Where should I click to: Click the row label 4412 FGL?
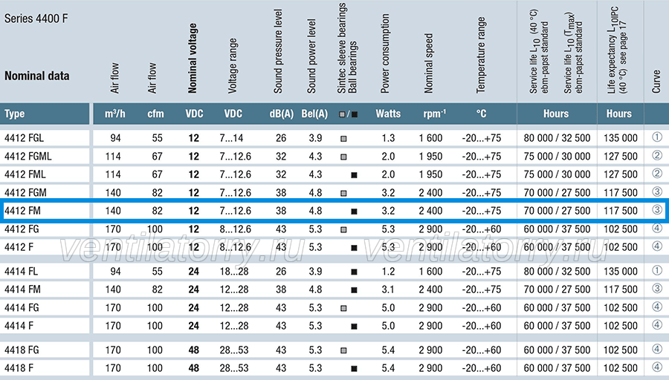(24, 138)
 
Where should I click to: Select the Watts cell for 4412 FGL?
(388, 138)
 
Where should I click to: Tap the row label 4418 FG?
(22, 350)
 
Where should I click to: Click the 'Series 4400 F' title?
(36, 19)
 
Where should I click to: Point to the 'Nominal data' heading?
(36, 76)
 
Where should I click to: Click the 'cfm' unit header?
(156, 114)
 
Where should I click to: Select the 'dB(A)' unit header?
(282, 114)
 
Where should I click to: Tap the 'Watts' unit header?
(388, 114)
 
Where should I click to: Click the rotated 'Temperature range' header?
(481, 55)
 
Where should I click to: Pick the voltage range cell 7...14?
(232, 138)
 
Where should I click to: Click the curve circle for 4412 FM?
(657, 209)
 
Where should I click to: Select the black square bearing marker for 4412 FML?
(354, 175)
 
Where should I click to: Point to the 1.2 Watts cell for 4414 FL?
(388, 272)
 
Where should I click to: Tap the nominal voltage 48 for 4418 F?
(194, 368)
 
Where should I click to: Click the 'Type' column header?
(15, 114)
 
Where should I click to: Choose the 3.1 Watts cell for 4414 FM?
(388, 289)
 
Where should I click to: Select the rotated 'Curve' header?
(656, 82)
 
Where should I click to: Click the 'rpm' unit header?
(435, 114)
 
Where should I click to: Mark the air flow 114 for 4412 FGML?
(113, 157)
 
